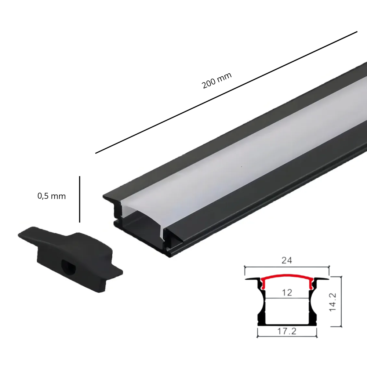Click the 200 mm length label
pos(217,80)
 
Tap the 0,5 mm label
pos(51,196)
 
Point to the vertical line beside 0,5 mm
pos(80,199)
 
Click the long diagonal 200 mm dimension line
pos(226,92)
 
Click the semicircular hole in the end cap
pos(69,266)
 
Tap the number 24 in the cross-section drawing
pos(287,260)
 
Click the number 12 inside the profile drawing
pos(287,292)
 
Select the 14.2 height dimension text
pos(333,302)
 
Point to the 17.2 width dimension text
pos(287,331)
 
